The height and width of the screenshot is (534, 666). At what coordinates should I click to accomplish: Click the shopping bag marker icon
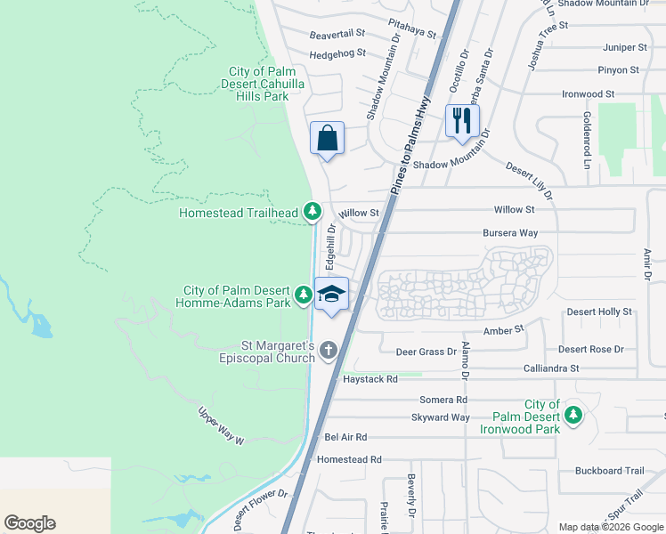pos(328,139)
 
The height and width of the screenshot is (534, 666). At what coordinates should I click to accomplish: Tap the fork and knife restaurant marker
pos(461,120)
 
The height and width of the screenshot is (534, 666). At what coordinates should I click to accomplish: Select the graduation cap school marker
pos(330,295)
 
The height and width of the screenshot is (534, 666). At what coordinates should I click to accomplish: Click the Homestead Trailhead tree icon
pos(312,211)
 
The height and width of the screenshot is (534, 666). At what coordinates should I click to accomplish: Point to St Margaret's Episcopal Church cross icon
pos(329,350)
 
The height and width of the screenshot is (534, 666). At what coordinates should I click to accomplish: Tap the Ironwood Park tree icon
pos(574,415)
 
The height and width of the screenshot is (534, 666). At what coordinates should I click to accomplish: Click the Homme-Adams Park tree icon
pos(304,295)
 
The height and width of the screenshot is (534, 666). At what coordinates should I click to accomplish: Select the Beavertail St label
pos(337,33)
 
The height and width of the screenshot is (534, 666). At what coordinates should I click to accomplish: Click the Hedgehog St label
pos(337,53)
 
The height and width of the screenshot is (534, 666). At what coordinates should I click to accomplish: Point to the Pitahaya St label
pos(412,28)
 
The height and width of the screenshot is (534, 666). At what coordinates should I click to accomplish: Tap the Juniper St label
pos(624,46)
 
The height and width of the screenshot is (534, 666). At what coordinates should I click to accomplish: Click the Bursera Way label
pos(510,233)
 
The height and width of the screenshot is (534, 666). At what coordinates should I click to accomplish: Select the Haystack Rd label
pos(370,379)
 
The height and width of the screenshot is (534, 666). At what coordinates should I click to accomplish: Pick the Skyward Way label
pos(440,417)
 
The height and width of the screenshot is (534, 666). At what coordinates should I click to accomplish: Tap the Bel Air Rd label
pos(345,437)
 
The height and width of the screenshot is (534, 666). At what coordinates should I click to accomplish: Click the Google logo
pos(29,523)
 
